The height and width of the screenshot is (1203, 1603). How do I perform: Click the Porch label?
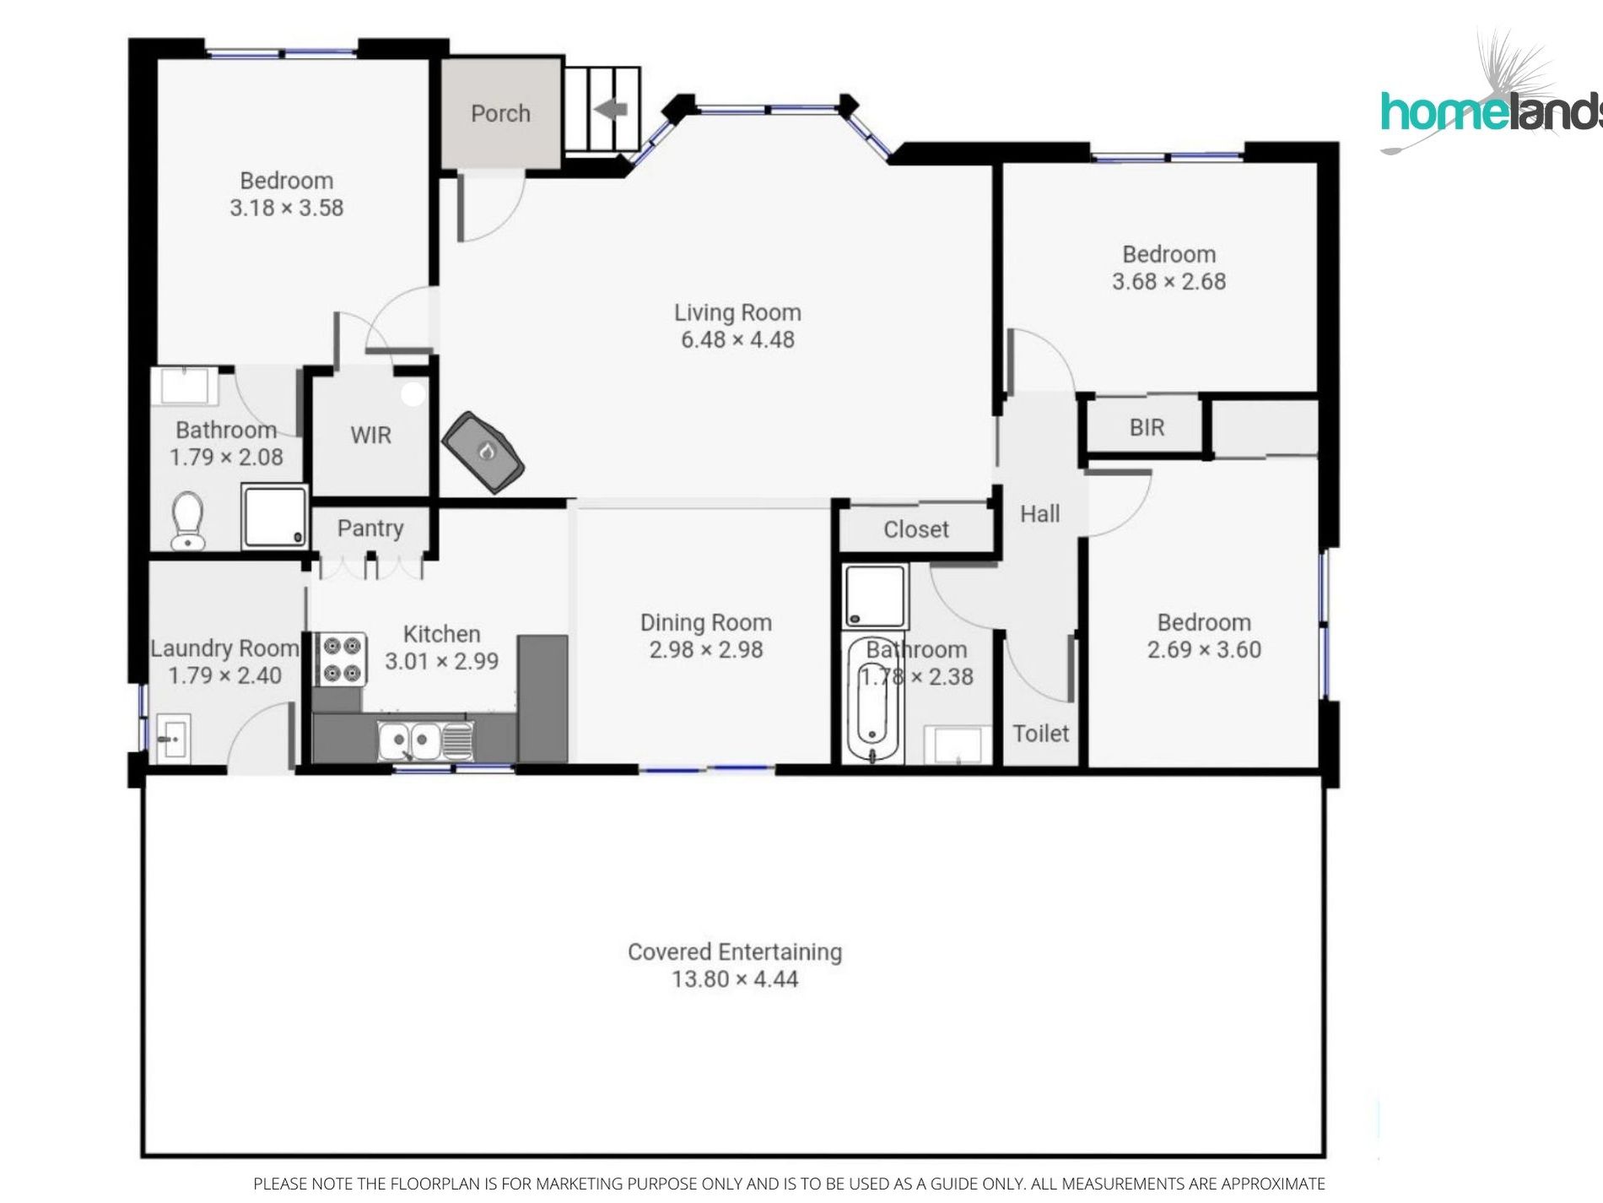pos(500,113)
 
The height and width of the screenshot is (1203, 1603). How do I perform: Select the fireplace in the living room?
pos(483,452)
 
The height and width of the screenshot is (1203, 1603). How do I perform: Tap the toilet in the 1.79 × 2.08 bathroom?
pos(187,521)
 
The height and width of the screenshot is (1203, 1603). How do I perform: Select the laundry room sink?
pos(173,738)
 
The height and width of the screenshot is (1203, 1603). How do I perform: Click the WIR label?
pos(371,436)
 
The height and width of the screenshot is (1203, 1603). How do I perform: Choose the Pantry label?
pos(370,528)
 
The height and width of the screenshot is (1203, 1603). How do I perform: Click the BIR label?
pos(1147,428)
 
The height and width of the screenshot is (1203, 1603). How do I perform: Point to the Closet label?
pos(916,529)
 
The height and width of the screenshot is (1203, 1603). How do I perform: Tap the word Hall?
pos(1039,514)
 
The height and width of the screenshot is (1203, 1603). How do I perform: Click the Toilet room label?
pos(1041,734)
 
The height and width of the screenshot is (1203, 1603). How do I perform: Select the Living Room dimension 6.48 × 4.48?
pos(737,340)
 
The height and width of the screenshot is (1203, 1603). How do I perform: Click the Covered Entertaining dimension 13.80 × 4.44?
pos(735,979)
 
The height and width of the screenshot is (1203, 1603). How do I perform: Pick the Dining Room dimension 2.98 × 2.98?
pos(706,650)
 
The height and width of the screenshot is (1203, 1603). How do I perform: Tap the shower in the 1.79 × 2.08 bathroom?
pos(274,515)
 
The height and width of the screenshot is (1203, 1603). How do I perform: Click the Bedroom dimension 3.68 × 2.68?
pos(1169,282)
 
